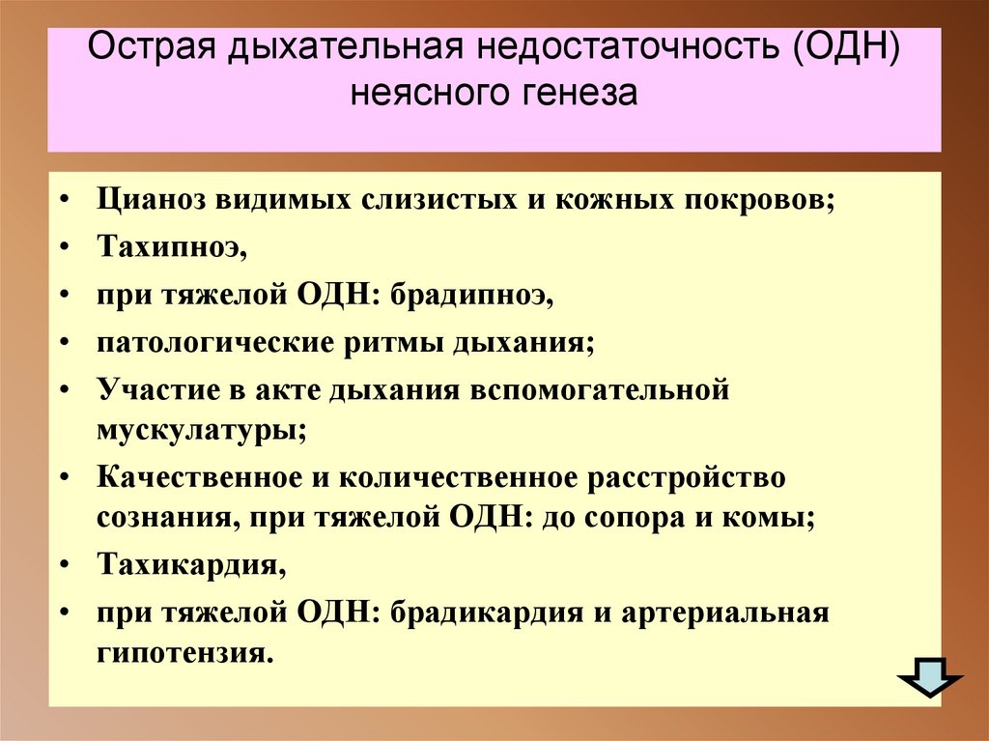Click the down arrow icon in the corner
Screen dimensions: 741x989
point(931,680)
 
